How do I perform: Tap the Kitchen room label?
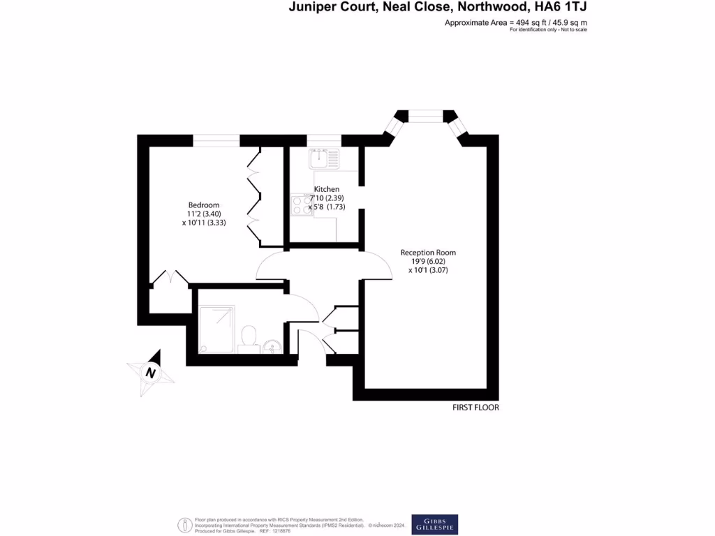point(327,189)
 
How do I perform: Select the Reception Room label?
point(428,253)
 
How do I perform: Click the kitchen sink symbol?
point(324,158)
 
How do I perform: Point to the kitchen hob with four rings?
point(302,204)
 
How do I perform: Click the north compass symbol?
point(150,373)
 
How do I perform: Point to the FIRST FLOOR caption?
point(476,408)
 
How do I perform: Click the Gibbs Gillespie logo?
point(434,524)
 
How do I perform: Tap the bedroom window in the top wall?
point(216,140)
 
